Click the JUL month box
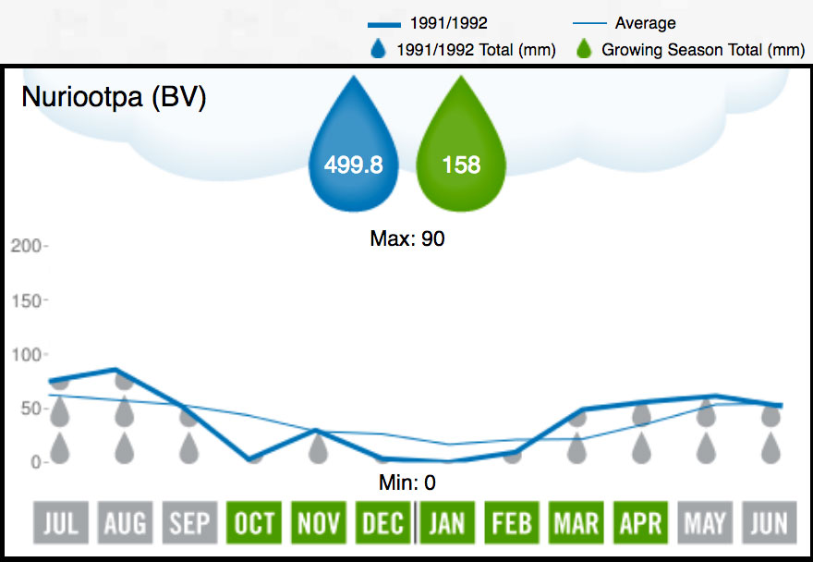[x=60, y=524]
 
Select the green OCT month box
[x=254, y=524]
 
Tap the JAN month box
[x=447, y=524]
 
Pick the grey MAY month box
[x=705, y=524]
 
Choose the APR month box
[x=640, y=524]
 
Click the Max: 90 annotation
[x=407, y=238]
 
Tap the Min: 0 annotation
[x=407, y=482]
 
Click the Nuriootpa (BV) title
[x=113, y=98]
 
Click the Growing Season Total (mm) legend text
[x=702, y=50]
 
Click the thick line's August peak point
[x=115, y=370]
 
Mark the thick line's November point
[x=316, y=430]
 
